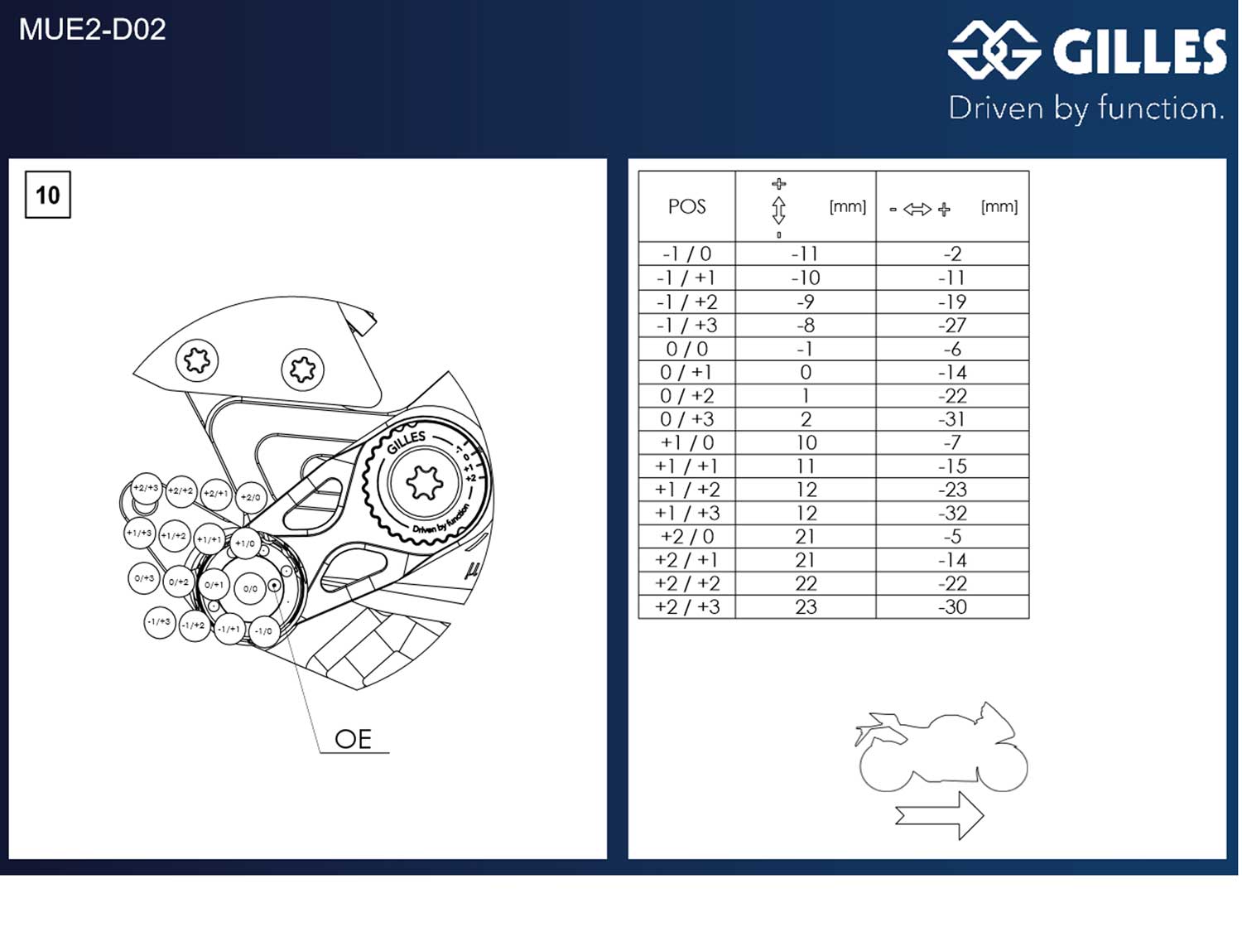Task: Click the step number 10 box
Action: point(48,195)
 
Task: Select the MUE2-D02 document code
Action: point(92,30)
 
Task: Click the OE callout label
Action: point(353,739)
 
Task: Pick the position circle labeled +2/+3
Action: point(146,489)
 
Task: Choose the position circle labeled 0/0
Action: point(250,588)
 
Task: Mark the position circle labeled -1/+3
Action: point(159,621)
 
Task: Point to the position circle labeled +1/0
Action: point(245,543)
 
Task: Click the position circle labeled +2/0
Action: point(250,497)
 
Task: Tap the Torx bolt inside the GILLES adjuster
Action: point(425,482)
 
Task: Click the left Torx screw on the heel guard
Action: point(197,360)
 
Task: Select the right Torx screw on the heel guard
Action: point(302,369)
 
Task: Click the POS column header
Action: point(686,206)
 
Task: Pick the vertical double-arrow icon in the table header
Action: point(778,210)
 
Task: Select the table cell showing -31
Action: point(952,419)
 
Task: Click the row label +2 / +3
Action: point(686,606)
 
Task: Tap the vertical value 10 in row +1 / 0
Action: point(806,442)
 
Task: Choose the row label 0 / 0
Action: point(686,349)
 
